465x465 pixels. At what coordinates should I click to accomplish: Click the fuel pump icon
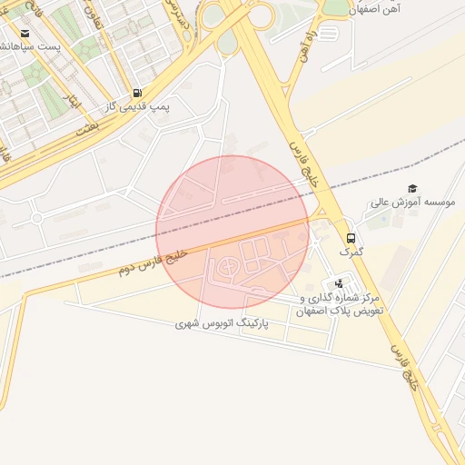136,93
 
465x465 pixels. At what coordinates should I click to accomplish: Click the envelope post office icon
17,35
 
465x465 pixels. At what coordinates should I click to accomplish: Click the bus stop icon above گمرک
351,238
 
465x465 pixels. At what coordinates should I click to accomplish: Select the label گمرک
351,252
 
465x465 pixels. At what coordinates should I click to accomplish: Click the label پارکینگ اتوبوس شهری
250,323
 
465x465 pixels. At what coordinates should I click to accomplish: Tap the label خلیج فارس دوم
152,262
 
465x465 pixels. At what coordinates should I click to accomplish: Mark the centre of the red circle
232,232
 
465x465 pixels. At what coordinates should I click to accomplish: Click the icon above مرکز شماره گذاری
340,283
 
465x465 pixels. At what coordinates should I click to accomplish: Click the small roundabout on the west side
36,218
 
